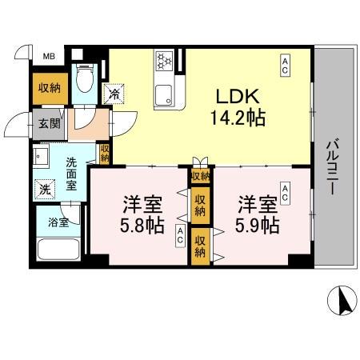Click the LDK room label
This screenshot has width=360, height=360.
click(234, 96)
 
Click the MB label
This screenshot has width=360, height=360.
click(49, 56)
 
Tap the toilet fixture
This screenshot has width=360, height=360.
click(84, 78)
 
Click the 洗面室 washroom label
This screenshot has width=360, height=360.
click(71, 173)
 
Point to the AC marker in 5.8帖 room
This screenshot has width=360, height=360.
click(182, 235)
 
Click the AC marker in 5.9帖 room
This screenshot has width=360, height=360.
click(286, 192)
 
